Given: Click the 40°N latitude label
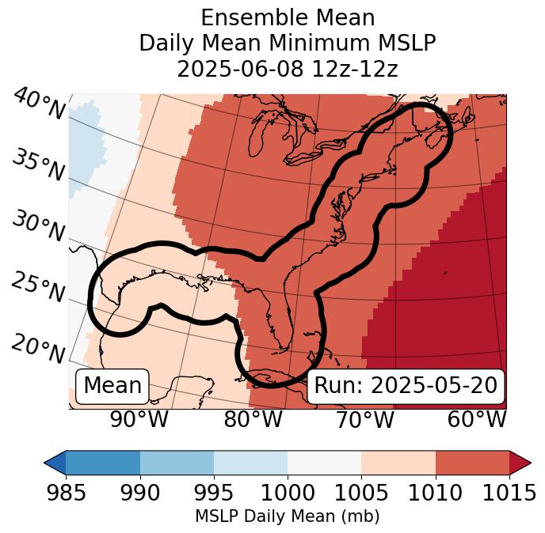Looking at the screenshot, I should click(x=38, y=105).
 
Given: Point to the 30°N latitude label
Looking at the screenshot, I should click(x=38, y=227).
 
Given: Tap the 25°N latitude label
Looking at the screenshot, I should click(x=38, y=288).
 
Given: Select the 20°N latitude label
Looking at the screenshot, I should click(x=38, y=348).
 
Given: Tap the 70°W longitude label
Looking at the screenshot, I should click(x=364, y=419).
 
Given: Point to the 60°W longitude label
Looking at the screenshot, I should click(x=476, y=419).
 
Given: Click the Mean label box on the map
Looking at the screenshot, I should click(x=112, y=386).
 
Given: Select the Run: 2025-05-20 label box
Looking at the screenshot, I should click(x=406, y=386).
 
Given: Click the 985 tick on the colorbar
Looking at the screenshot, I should click(x=67, y=493).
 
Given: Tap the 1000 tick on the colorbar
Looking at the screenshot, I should click(x=288, y=493).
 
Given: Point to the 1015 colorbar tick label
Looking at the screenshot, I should click(x=509, y=493).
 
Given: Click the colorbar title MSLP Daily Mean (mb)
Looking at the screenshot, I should click(x=287, y=516).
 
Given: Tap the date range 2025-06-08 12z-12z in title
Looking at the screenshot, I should click(x=287, y=69).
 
